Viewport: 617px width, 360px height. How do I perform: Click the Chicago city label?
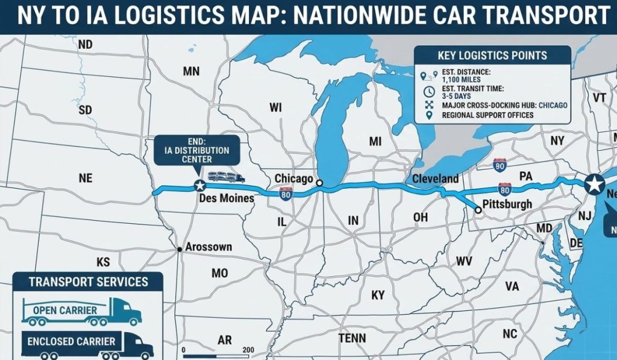click(x=293, y=178)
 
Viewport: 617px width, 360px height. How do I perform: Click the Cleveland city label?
click(x=435, y=178)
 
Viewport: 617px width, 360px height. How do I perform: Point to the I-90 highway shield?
click(x=499, y=164)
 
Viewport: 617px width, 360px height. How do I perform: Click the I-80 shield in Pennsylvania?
click(x=505, y=190)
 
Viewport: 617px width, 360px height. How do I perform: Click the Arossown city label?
click(x=208, y=247)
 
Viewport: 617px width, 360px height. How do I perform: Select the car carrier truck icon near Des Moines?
click(x=227, y=177)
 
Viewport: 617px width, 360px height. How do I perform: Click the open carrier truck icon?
click(x=81, y=311)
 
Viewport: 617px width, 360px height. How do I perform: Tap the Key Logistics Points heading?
click(x=492, y=55)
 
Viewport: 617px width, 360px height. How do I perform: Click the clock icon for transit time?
click(x=429, y=92)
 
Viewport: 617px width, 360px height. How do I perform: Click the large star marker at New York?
click(x=595, y=183)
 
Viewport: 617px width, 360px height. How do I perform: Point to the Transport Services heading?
click(x=80, y=282)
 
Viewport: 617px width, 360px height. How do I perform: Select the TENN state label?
click(x=352, y=338)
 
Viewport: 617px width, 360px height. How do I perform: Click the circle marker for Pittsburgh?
click(x=478, y=210)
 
